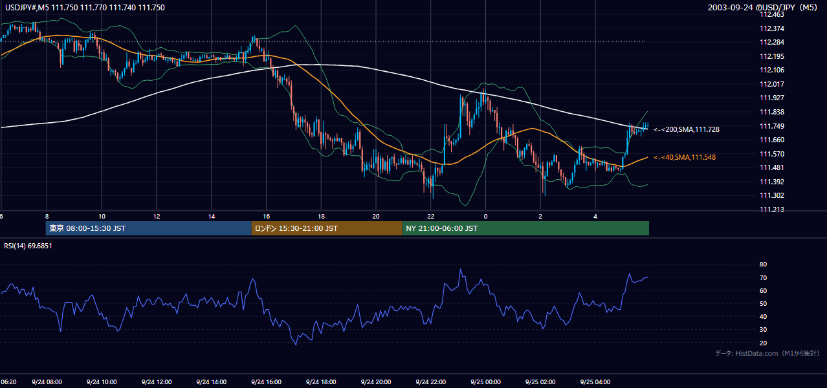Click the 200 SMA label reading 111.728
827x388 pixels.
pyautogui.click(x=687, y=129)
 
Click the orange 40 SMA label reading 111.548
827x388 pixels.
pyautogui.click(x=685, y=158)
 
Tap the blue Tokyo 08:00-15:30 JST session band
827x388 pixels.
pyautogui.click(x=148, y=228)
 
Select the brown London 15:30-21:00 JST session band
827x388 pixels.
pyautogui.click(x=327, y=228)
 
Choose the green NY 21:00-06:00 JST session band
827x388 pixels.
pyautogui.click(x=525, y=228)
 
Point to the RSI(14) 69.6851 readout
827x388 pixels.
pyautogui.click(x=28, y=246)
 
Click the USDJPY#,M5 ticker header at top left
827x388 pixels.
pyautogui.click(x=85, y=7)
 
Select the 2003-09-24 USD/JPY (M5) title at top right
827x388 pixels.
pyautogui.click(x=762, y=7)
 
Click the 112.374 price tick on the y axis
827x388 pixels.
pyautogui.click(x=772, y=28)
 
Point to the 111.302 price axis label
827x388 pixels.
pyautogui.click(x=772, y=195)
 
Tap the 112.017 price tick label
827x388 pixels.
pyautogui.click(x=772, y=84)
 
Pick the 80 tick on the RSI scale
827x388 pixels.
pyautogui.click(x=763, y=264)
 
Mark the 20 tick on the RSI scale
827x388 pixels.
pyautogui.click(x=763, y=343)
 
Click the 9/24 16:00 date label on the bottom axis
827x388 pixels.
pyautogui.click(x=266, y=382)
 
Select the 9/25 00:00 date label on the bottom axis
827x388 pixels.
pyautogui.click(x=485, y=382)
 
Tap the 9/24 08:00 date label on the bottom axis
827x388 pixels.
pyautogui.click(x=47, y=382)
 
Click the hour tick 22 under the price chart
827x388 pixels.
pyautogui.click(x=431, y=217)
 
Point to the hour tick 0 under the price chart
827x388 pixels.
pyautogui.click(x=485, y=217)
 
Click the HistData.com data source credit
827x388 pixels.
pyautogui.click(x=767, y=353)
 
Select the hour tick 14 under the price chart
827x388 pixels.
pyautogui.click(x=212, y=217)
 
